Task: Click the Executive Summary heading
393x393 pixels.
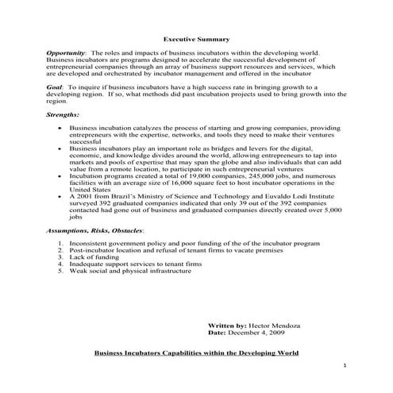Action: click(196, 38)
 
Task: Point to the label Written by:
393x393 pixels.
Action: click(226, 326)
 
